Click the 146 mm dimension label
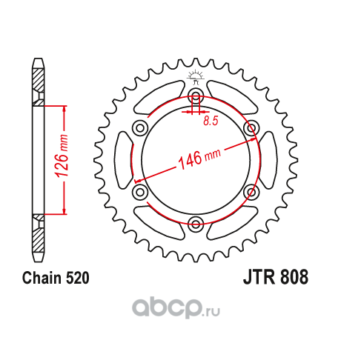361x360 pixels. tap(199, 159)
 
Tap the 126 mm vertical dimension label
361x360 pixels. tap(62, 156)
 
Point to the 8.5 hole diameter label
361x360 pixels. tap(211, 121)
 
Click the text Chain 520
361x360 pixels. tap(56, 278)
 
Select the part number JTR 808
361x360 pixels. tap(276, 277)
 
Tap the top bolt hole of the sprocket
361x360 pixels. tap(196, 96)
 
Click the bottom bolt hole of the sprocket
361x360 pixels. tap(196, 224)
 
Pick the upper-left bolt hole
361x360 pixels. tap(140, 128)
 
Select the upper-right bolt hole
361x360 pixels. tap(251, 128)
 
